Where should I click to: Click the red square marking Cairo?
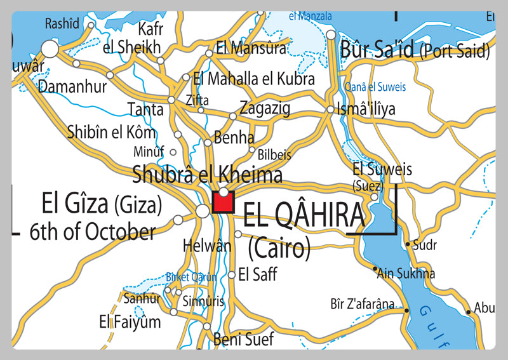coord(224,203)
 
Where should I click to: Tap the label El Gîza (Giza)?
coord(102,204)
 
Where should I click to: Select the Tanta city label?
coord(145,109)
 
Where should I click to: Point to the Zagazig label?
coord(265,109)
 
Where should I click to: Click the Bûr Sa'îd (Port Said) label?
coord(415,49)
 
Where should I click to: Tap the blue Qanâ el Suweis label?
coord(374,87)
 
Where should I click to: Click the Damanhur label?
coord(72,86)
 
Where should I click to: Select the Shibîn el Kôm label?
coord(111,133)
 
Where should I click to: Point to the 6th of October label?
coord(92,232)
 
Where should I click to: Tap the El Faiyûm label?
coord(130,322)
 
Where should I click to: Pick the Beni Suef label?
coord(243,339)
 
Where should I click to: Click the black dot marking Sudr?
coord(408,244)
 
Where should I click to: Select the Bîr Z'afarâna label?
coord(363,303)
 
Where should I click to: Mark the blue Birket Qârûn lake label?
coord(191,277)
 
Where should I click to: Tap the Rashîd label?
coord(62,23)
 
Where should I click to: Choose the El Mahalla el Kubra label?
coord(254,79)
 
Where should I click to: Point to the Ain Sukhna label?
coord(406,274)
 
